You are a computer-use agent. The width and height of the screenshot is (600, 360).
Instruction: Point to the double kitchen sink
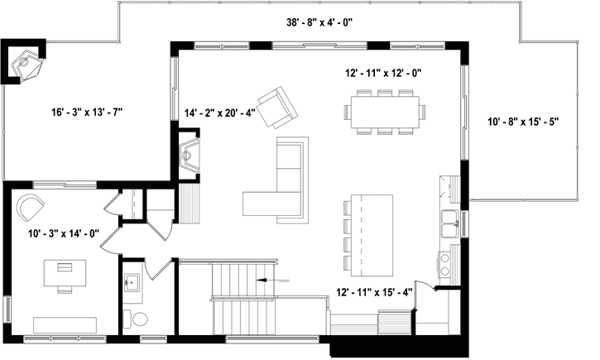[451, 222]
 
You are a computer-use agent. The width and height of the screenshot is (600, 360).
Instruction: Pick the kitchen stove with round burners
[446, 263]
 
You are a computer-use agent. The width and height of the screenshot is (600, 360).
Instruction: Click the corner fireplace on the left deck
[27, 62]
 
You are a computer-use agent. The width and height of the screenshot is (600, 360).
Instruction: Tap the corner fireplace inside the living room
[191, 156]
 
